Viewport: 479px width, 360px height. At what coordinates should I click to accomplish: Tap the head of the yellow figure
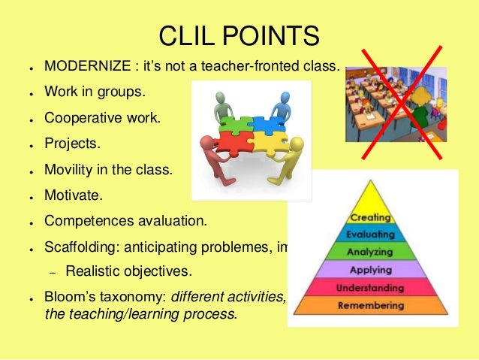coord(296,143)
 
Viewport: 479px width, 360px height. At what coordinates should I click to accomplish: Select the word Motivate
coord(71,195)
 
